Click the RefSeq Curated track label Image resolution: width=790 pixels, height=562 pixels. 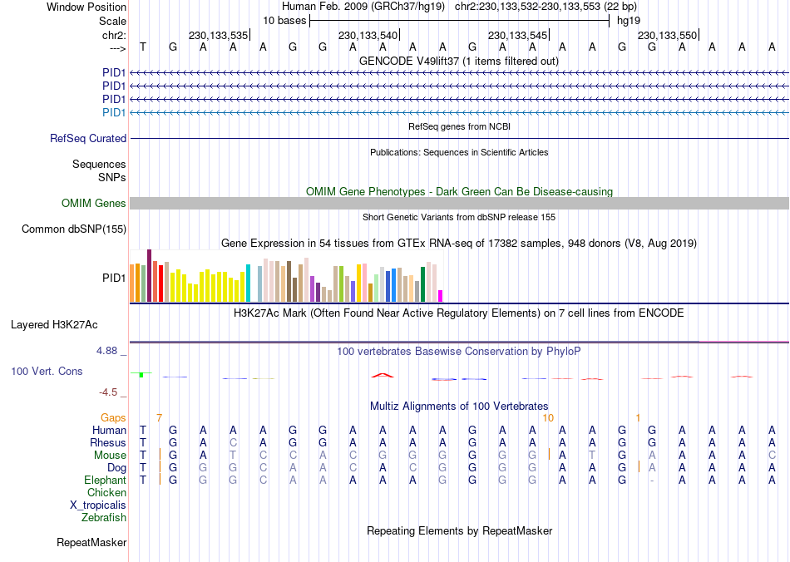tap(88, 139)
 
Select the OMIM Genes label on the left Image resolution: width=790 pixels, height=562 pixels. tap(94, 204)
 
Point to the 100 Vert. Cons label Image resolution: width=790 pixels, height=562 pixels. tap(47, 371)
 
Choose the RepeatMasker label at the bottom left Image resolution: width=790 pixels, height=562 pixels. tap(91, 543)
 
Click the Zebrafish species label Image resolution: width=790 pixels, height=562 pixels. tap(104, 518)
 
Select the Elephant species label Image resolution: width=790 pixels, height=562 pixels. tap(105, 481)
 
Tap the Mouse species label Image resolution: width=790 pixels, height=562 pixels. tap(110, 456)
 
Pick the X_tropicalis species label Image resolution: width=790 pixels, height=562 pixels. tap(98, 505)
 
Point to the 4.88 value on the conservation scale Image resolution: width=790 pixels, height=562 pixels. tap(108, 351)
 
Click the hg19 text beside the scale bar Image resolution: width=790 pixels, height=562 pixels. tap(628, 20)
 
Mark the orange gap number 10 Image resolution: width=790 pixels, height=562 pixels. tap(547, 417)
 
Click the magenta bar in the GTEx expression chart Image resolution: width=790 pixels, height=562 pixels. tap(441, 296)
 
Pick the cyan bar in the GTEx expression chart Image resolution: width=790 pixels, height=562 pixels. tap(248, 283)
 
